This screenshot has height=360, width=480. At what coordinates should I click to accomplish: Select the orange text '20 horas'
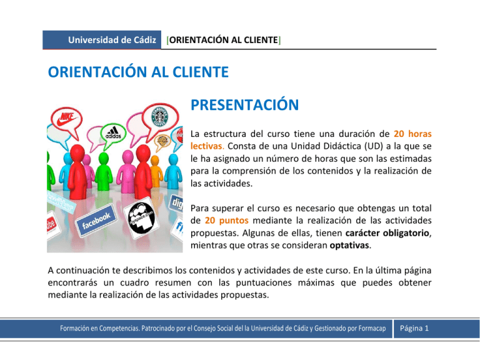(413, 133)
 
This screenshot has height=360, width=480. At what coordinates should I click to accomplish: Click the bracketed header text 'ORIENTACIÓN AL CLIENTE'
(223, 40)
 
